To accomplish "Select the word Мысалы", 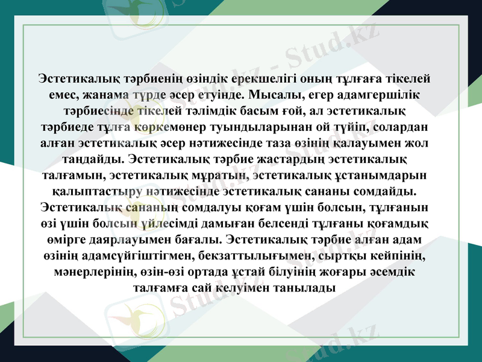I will coord(273,96).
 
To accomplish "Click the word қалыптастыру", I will coord(98,192).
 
